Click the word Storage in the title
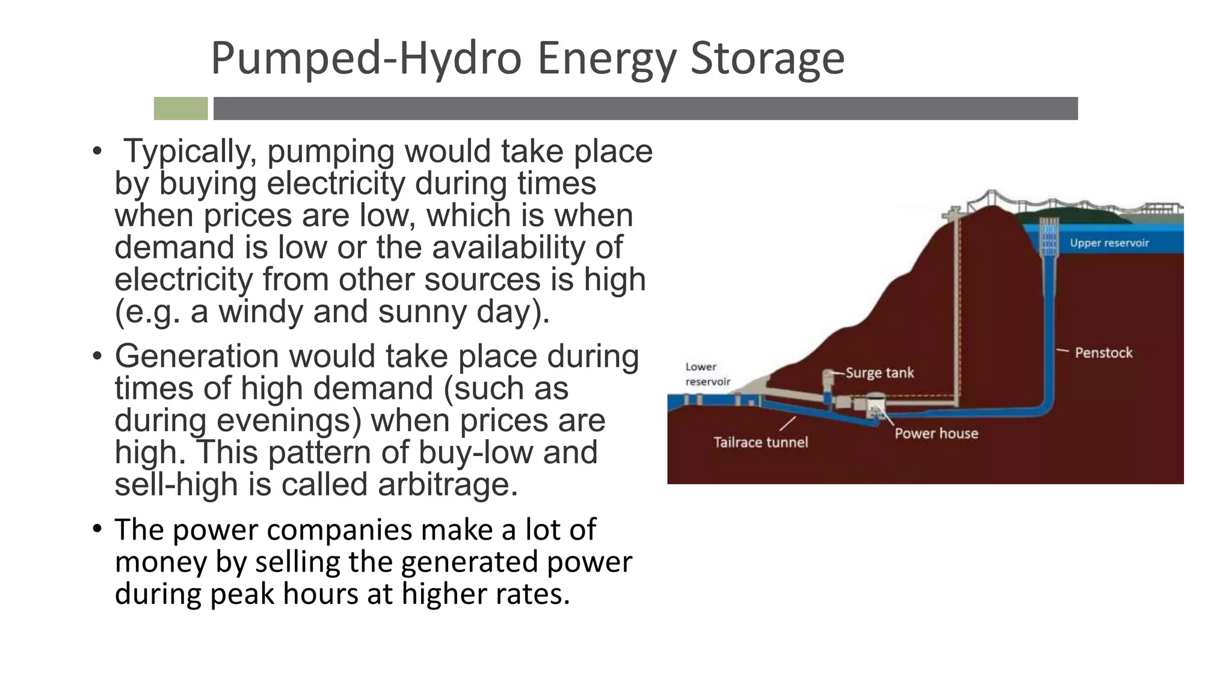click(x=767, y=58)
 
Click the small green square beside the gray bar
click(x=180, y=109)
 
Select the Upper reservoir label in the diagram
click(x=1109, y=243)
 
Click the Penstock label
click(x=1103, y=353)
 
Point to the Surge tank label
click(x=879, y=373)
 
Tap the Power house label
click(x=936, y=433)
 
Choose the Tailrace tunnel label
click(x=760, y=442)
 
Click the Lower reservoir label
click(x=707, y=374)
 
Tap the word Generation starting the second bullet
click(x=197, y=356)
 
